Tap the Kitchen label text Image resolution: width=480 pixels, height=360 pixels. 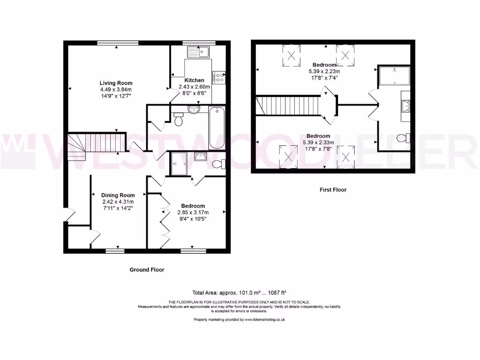point(194,80)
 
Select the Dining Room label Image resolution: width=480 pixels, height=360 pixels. point(118,195)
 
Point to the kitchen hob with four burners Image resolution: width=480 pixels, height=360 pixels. point(219,77)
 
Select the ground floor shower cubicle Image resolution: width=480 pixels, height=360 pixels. point(180,164)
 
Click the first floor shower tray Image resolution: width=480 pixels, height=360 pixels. point(394,75)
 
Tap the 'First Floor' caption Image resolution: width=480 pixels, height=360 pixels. point(333,190)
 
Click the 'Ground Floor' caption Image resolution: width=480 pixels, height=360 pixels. point(147,270)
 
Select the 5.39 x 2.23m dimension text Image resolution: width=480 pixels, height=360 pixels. point(324,71)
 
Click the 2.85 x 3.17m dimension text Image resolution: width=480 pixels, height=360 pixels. point(193,212)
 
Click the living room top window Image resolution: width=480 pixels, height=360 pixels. point(118,43)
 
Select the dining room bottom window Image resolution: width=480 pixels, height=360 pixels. point(115,251)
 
